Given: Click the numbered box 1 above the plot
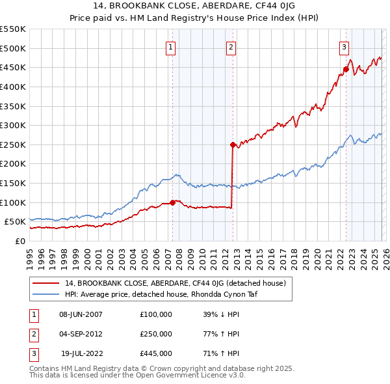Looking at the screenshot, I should pos(170,46).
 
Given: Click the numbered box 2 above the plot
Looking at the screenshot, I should pos(231,46).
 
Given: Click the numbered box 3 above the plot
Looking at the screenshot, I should pos(344,46).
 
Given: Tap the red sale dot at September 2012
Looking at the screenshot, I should pos(232,145).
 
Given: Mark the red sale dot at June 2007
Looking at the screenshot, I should pos(172,202).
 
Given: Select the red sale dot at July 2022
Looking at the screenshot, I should pos(346,70).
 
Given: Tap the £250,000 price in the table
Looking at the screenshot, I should pos(156,334).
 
